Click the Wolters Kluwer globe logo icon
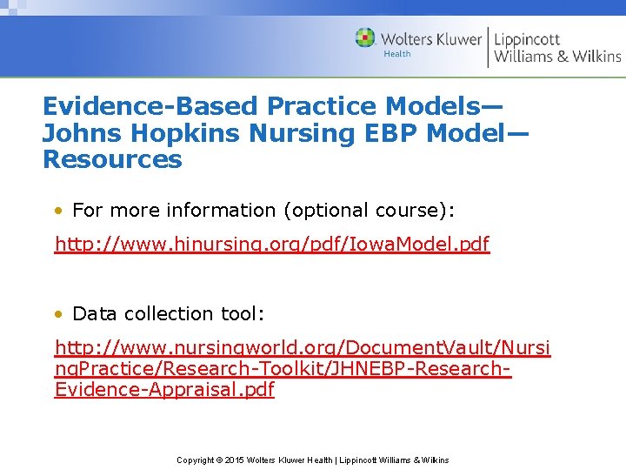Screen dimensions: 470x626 coord(365,37)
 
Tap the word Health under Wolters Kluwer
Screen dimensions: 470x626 coord(397,54)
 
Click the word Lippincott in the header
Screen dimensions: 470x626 coord(527,39)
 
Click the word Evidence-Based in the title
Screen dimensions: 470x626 coord(150,107)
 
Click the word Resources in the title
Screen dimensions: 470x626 coord(112,160)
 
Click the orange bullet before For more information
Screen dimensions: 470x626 coord(57,211)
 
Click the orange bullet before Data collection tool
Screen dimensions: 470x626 coord(57,313)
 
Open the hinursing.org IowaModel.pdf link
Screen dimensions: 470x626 coord(272,245)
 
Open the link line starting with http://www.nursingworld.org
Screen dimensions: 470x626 coord(302,348)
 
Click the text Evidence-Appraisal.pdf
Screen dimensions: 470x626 coord(164,390)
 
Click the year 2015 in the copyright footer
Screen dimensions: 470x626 coord(236,460)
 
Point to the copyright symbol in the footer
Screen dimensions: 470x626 coord(219,460)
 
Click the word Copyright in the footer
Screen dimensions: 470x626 coord(196,460)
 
